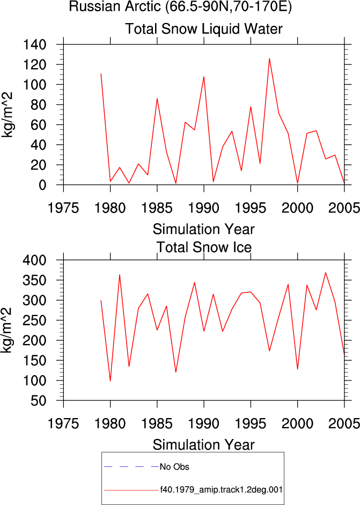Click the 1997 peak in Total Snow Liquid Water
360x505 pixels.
tap(269, 58)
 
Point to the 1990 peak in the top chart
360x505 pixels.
tap(204, 77)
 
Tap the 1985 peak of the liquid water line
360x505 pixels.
tap(157, 99)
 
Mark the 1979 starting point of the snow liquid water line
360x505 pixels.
tap(101, 74)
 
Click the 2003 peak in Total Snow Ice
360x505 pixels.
tap(326, 273)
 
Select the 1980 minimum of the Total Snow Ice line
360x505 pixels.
tap(110, 381)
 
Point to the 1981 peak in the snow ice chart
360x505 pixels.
tap(120, 275)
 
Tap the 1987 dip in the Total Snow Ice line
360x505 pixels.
tap(176, 372)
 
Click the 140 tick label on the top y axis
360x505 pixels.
tap(34, 45)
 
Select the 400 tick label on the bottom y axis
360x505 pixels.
tap(34, 260)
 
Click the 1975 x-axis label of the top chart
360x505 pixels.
tap(63, 208)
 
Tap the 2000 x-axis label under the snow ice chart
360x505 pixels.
tap(297, 423)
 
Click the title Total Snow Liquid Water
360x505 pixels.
tap(204, 28)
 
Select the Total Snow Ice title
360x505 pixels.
tap(204, 247)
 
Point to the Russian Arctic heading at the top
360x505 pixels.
tap(180, 6)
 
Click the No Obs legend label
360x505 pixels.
tap(174, 467)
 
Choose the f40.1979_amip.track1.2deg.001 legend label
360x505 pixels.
tap(222, 490)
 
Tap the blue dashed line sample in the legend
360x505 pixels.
tap(131, 466)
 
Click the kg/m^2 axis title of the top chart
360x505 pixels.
tap(7, 115)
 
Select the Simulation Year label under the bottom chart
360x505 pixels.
tap(203, 445)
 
